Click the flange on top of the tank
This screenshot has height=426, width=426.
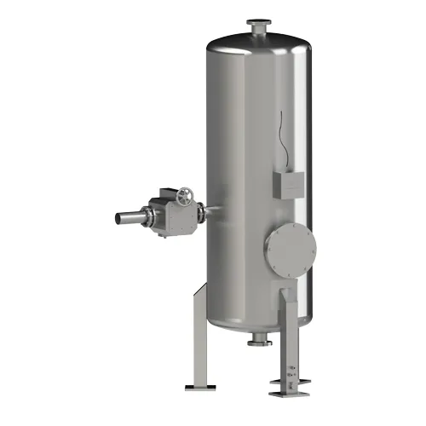257,23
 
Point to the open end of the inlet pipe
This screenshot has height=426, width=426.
117,218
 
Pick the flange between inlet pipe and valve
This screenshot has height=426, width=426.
141,215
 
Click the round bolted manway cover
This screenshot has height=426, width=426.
291,245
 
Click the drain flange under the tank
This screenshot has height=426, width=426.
256,343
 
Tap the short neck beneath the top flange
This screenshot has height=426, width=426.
257,32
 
